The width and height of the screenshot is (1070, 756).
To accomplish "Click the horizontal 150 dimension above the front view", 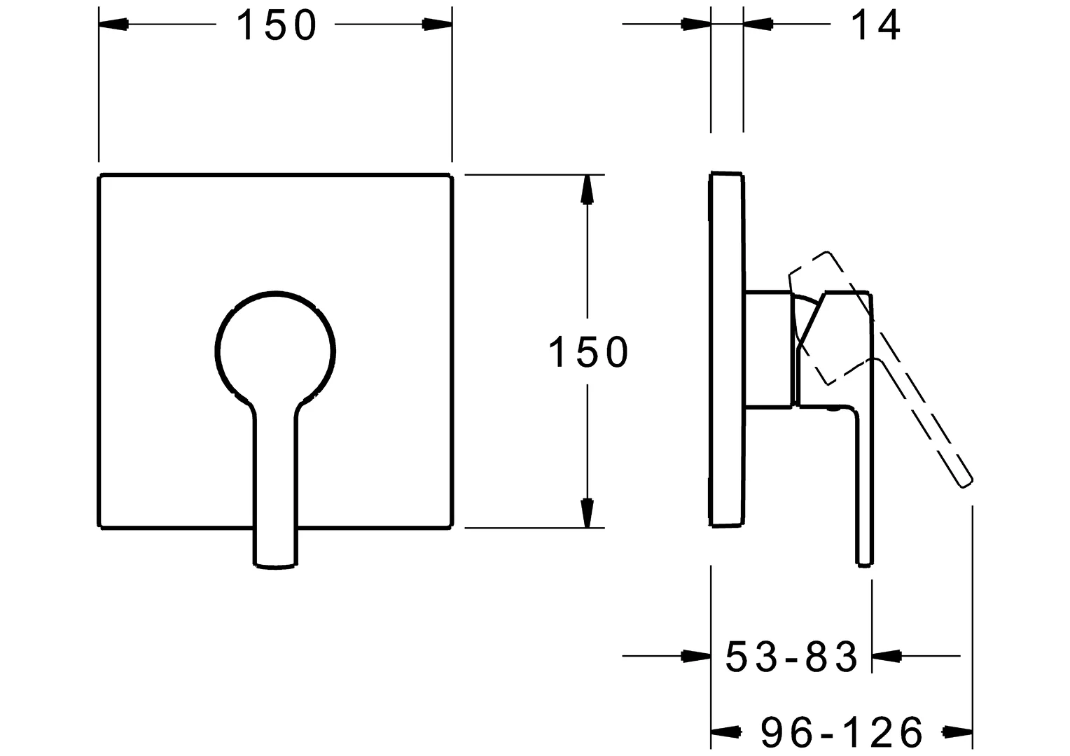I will tap(277, 26).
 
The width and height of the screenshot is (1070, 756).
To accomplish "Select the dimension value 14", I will tap(875, 26).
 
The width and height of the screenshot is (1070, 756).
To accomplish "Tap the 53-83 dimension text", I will tap(791, 657).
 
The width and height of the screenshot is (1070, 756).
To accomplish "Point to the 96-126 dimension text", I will tap(842, 733).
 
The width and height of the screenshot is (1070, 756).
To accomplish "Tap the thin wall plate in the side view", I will tap(726, 350).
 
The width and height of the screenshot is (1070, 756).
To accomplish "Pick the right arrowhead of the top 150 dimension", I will tap(437, 24).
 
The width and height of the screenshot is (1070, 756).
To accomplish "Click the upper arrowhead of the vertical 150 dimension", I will tap(588, 189).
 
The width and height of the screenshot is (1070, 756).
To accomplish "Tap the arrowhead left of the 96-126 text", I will tap(727, 733).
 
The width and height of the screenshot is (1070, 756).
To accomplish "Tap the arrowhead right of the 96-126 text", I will tap(957, 733).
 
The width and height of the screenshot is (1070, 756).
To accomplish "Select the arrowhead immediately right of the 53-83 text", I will tap(887, 657).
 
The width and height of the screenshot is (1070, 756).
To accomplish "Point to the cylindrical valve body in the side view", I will tap(770, 348).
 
